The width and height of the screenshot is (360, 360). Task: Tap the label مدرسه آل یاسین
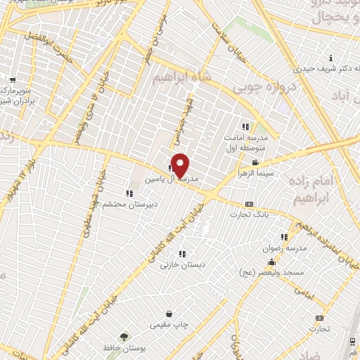(x=167, y=180)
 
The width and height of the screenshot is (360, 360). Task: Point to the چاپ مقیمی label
(x=169, y=325)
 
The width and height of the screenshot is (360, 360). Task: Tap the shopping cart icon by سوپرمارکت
(x=13, y=79)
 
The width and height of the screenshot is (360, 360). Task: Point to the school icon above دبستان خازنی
(x=182, y=254)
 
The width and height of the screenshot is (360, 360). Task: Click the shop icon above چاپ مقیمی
(x=169, y=314)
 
